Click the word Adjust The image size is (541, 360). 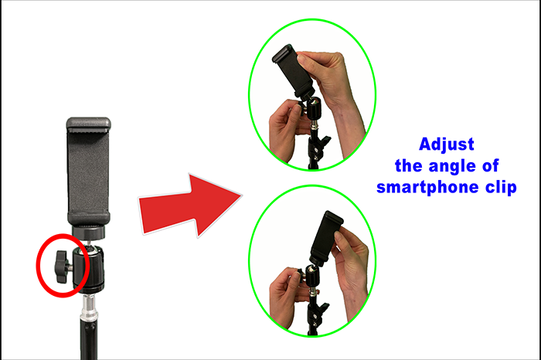point(447,144)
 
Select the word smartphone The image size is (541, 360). point(427,188)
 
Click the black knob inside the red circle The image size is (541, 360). point(63,267)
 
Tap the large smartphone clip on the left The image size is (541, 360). point(89,172)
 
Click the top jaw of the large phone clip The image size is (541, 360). point(89,124)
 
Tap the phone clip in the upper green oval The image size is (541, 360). point(293,72)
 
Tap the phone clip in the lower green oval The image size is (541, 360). point(325,238)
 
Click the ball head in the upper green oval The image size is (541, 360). point(314,109)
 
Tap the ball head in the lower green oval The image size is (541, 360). point(312,276)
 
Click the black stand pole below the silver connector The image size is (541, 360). point(87,341)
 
